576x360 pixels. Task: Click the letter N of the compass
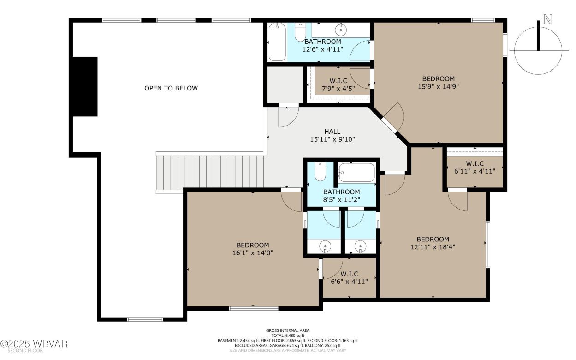[547, 19]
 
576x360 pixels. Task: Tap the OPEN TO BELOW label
[171, 88]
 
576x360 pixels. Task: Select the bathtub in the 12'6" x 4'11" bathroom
[277, 42]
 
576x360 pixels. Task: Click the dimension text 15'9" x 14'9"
[438, 86]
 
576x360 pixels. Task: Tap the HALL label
[332, 132]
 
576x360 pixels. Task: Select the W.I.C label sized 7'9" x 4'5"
[338, 81]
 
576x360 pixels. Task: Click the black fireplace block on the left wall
[85, 86]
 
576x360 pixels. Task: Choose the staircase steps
[210, 172]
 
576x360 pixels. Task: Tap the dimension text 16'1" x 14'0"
[252, 253]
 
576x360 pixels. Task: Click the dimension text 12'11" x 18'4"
[433, 247]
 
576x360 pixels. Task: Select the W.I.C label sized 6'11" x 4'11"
[475, 164]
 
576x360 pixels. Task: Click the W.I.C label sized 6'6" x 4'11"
[350, 274]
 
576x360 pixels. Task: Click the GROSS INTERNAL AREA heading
[287, 330]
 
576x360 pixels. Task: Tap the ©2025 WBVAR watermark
[35, 344]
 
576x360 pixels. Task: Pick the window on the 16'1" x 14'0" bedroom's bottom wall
[254, 308]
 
